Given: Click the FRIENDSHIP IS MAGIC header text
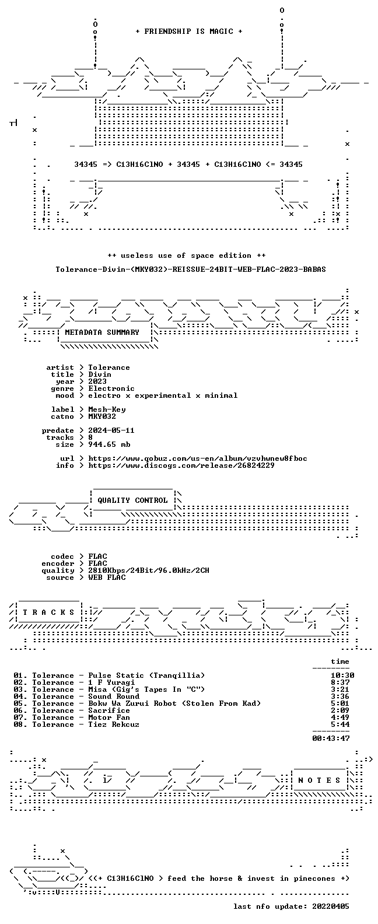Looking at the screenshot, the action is pos(189,32).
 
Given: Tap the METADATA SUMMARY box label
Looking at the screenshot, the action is pos(102,332).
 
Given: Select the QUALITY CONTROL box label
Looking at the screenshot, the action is pos(132,501).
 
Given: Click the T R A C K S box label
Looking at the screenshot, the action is pos(48,612).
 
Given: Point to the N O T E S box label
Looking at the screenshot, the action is pos(319,780).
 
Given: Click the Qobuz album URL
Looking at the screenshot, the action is pos(198,459).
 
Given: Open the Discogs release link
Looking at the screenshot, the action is pos(181,466).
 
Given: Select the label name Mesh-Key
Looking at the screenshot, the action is pos(107,409).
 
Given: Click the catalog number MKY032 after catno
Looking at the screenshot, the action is pos(102,416).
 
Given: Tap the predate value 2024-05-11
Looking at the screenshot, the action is pos(111,430).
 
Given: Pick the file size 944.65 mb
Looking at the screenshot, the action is pos(109,444).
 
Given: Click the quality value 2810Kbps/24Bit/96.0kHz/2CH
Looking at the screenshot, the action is pos(149,570).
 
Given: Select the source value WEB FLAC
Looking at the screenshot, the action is pos(107,577).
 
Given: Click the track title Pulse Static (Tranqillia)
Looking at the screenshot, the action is pos(146,675).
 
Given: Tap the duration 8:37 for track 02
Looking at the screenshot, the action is pos(340,682).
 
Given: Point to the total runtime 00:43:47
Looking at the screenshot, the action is pos(331,738).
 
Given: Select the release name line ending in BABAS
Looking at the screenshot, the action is pos(191,269).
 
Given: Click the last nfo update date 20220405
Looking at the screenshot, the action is pos(331,907).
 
